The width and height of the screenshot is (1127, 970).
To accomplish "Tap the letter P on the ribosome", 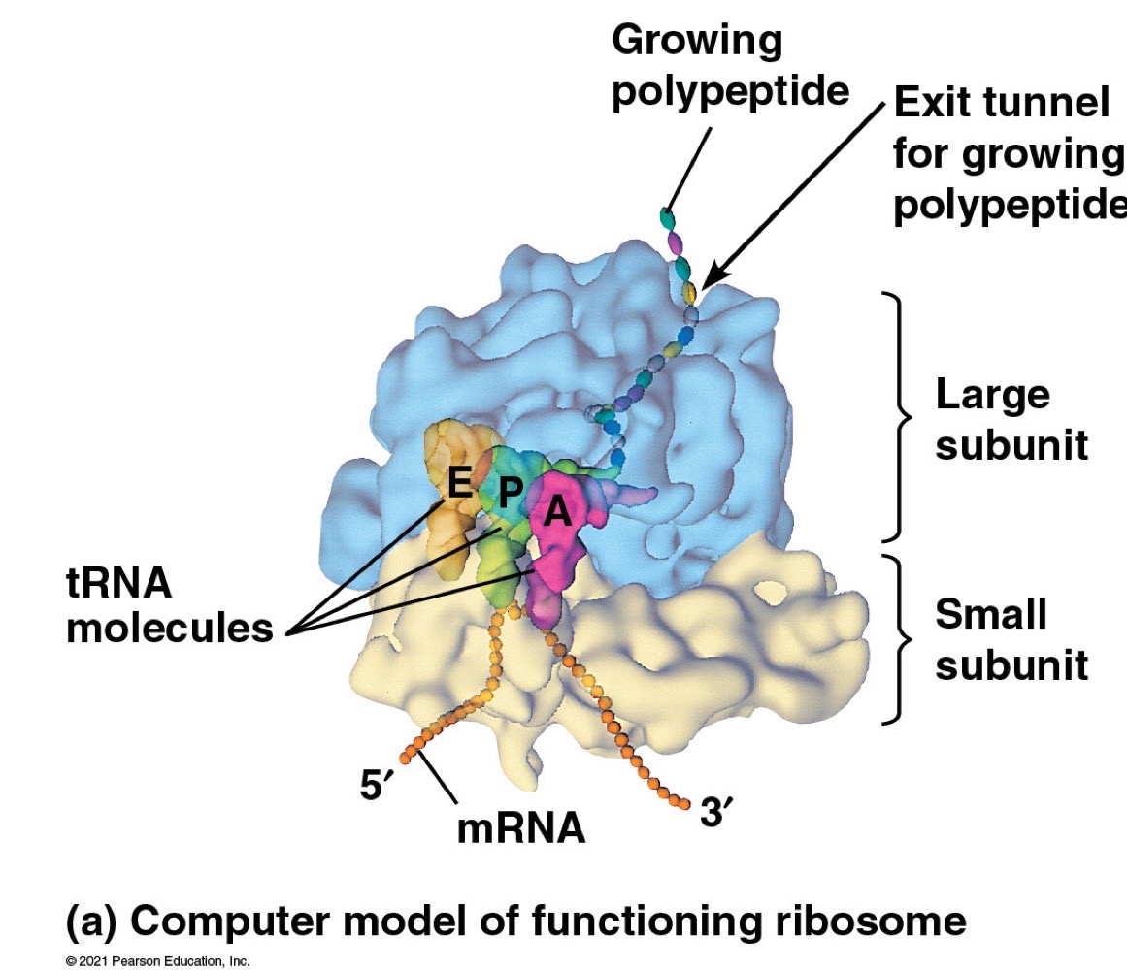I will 509,494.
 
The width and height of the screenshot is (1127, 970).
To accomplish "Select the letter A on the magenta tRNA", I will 556,511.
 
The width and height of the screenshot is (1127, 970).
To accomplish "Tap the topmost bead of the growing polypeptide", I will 666,215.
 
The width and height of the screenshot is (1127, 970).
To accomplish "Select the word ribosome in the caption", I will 876,920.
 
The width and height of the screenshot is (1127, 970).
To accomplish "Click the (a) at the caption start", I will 90,920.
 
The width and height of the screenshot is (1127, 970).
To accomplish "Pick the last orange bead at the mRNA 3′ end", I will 685,802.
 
